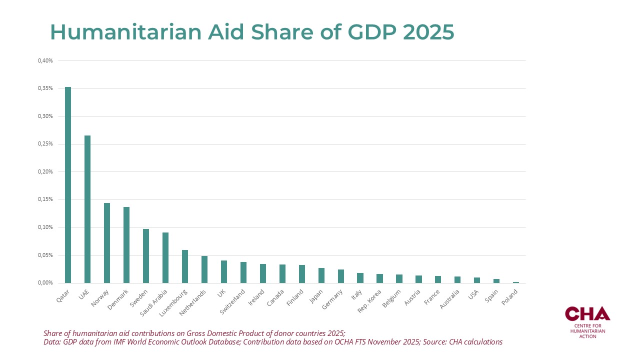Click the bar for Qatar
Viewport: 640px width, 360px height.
[x=68, y=185]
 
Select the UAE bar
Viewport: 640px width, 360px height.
[x=87, y=209]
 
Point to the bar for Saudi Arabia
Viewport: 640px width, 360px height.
[x=165, y=257]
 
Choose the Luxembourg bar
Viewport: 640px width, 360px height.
[x=185, y=266]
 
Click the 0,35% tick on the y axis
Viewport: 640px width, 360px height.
[x=45, y=88]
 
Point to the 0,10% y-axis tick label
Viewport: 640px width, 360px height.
[x=45, y=227]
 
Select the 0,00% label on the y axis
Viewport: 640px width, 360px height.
[x=45, y=283]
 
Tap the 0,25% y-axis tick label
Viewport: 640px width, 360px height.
[x=45, y=144]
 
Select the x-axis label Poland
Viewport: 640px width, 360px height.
[x=509, y=297]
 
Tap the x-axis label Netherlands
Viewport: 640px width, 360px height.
[x=193, y=302]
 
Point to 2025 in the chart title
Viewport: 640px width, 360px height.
[x=428, y=32]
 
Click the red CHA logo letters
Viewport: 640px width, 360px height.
[x=587, y=313]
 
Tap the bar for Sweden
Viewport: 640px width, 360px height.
[x=146, y=256]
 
